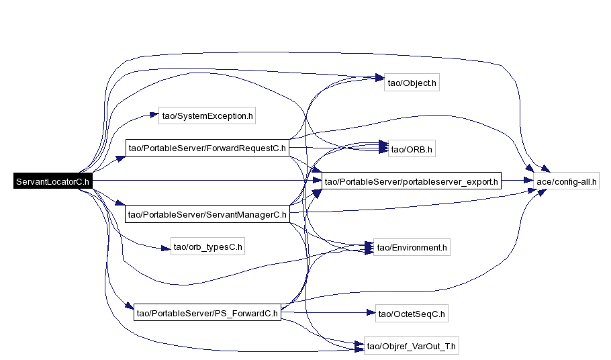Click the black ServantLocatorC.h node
[x=52, y=181]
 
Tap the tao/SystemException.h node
[x=207, y=116]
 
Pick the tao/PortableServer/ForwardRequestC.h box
[x=207, y=148]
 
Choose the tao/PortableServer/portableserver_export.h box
[x=411, y=181]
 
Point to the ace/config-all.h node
[x=567, y=181]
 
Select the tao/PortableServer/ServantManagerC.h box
[x=207, y=214]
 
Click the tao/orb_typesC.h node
[x=207, y=247]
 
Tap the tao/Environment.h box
[x=412, y=248]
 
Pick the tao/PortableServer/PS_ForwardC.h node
[x=207, y=312]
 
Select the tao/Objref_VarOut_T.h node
[x=412, y=347]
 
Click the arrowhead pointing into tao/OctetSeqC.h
[x=369, y=312]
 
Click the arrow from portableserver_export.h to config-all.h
[x=518, y=181]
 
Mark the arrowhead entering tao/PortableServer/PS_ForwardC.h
[x=129, y=308]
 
